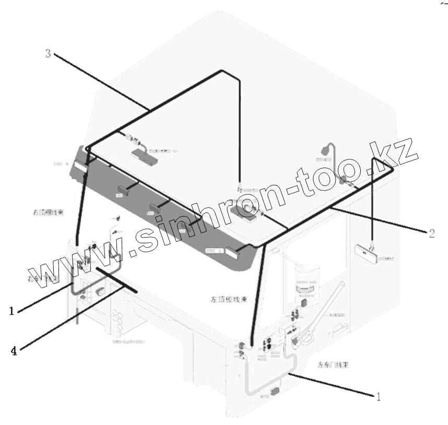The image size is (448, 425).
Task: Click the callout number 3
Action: coord(48,53)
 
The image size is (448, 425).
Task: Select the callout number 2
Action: coord(431,233)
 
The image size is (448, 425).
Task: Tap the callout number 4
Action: coord(14,351)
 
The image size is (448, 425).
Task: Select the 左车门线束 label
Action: coord(333,365)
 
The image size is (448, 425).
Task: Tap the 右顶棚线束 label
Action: coord(48,213)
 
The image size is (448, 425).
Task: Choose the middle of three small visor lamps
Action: coord(155,209)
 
